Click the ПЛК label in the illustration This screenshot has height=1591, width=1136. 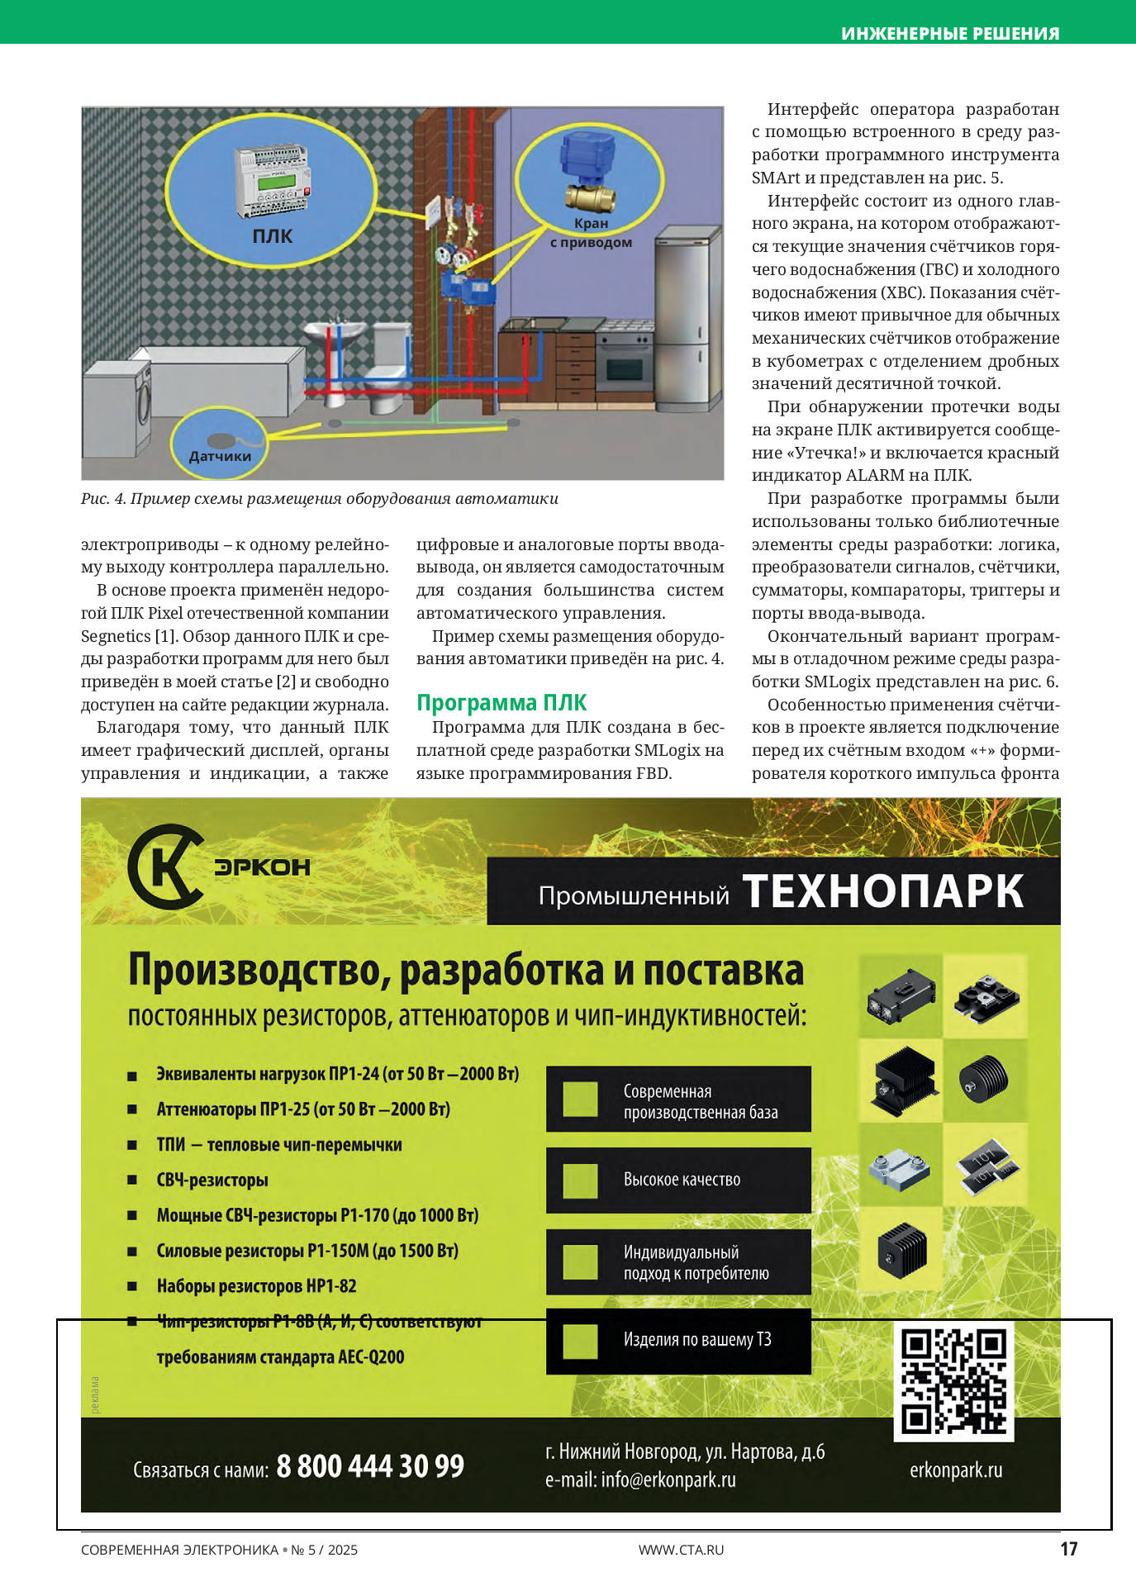pyautogui.click(x=272, y=236)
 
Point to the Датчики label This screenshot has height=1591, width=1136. pyautogui.click(x=220, y=456)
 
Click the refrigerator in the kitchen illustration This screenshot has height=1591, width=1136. pyautogui.click(x=682, y=322)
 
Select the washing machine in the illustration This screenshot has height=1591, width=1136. pyautogui.click(x=117, y=407)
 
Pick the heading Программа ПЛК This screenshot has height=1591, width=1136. pyautogui.click(x=501, y=703)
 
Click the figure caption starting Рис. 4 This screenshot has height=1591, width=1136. pyautogui.click(x=319, y=499)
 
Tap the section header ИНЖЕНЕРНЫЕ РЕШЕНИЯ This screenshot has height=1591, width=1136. pyautogui.click(x=950, y=34)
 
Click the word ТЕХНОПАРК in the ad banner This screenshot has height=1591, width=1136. pyautogui.click(x=883, y=892)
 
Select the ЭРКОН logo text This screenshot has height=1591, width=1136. pyautogui.click(x=262, y=867)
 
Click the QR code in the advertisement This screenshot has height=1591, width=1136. pyautogui.click(x=954, y=1380)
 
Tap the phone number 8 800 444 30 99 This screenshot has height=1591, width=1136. pyautogui.click(x=370, y=1466)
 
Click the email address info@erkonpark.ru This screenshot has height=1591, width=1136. pyautogui.click(x=668, y=1479)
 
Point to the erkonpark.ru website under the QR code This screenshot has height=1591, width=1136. pyautogui.click(x=956, y=1470)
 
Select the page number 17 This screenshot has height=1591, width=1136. pyautogui.click(x=1068, y=1549)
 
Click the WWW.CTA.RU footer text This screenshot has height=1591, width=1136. pyautogui.click(x=681, y=1550)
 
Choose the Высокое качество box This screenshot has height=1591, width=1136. pyautogui.click(x=678, y=1180)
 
